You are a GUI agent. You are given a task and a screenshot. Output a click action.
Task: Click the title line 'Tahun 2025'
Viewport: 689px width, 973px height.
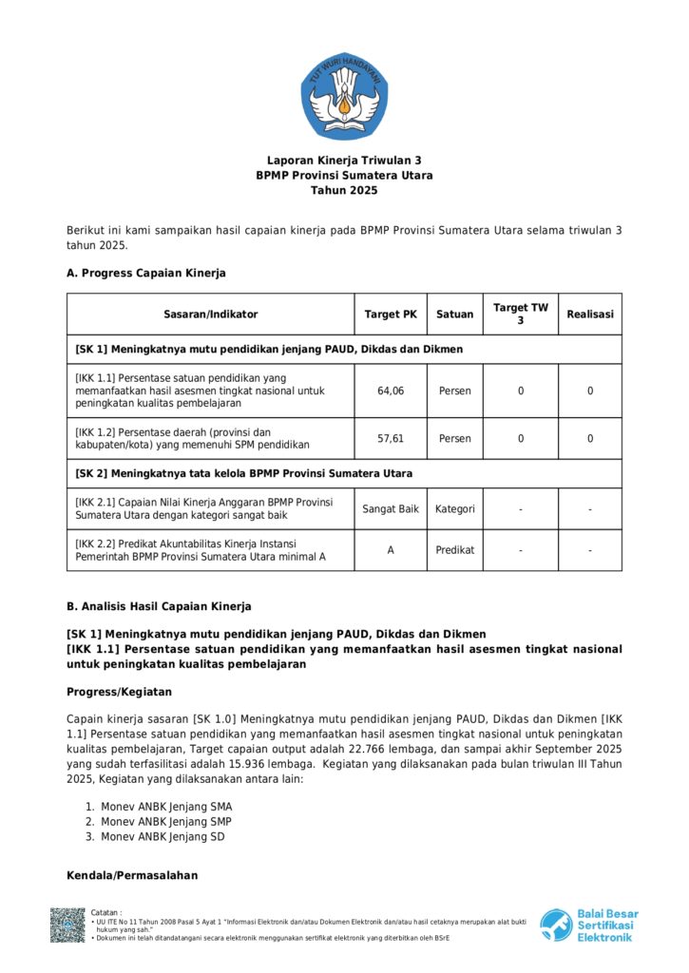(x=344, y=190)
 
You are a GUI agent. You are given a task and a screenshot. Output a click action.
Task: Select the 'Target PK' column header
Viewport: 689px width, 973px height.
(x=391, y=315)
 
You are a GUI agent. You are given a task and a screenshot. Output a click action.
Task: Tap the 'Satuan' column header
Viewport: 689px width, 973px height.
(x=454, y=315)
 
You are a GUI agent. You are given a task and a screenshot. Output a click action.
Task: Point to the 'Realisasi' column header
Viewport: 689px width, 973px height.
(x=590, y=315)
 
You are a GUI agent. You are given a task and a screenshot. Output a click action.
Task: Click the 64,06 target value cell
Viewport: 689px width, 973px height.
(x=391, y=391)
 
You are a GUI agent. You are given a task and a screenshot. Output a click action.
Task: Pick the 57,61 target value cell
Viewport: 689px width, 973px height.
(x=391, y=439)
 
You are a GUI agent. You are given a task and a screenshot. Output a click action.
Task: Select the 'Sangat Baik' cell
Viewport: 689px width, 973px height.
(x=391, y=509)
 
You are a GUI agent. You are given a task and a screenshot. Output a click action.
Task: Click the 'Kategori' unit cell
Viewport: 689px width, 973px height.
(x=454, y=509)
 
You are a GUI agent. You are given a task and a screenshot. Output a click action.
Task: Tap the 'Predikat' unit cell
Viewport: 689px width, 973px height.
(x=454, y=550)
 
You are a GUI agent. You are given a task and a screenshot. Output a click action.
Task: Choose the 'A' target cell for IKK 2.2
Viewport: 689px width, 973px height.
(x=391, y=550)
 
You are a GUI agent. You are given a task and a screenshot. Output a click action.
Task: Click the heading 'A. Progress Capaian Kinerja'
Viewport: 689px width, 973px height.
(x=146, y=274)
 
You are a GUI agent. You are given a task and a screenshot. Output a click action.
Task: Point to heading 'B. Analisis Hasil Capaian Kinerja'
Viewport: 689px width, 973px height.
(x=159, y=606)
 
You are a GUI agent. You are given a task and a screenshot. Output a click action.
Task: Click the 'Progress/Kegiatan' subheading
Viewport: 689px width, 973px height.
(x=119, y=692)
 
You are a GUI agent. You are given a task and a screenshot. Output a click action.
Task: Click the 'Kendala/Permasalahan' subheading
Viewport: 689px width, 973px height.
(x=132, y=875)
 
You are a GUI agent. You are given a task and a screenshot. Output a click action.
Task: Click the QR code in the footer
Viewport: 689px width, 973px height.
(x=67, y=925)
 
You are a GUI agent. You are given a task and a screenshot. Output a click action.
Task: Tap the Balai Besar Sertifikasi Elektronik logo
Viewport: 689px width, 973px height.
(x=589, y=925)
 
